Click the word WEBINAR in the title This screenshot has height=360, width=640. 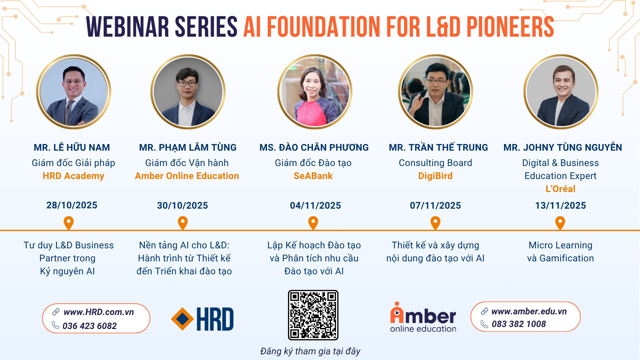click(x=128, y=27)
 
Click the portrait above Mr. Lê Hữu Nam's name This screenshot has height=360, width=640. click(x=74, y=92)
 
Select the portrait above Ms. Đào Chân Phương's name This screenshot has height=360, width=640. click(x=315, y=92)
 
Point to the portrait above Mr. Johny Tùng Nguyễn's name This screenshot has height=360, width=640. click(x=561, y=92)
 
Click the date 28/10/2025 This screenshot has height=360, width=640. click(x=72, y=205)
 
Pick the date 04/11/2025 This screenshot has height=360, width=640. click(x=315, y=205)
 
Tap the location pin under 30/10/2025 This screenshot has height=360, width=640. click(x=183, y=223)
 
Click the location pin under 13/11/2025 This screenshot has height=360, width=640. click(x=560, y=223)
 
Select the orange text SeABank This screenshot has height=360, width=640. click(x=313, y=176)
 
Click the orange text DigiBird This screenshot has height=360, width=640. click(x=435, y=176)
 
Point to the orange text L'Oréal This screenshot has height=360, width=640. click(x=560, y=189)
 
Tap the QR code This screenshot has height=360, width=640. click(x=313, y=315)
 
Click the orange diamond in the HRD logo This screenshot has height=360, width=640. click(x=182, y=319)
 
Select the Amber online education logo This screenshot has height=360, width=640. click(x=423, y=317)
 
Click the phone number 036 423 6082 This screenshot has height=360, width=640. click(x=90, y=326)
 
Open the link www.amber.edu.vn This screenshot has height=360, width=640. click(x=529, y=311)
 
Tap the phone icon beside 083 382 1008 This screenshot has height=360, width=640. click(x=484, y=324)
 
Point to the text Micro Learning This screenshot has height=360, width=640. click(x=560, y=245)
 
